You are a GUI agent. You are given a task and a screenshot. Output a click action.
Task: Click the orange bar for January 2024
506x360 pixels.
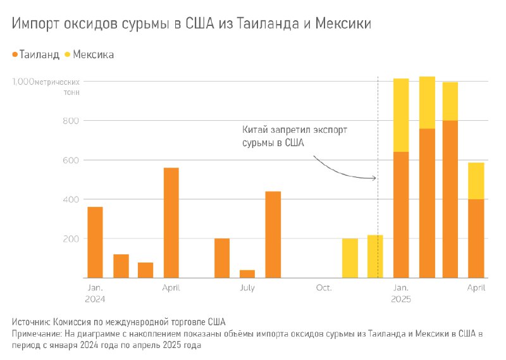click(x=95, y=242)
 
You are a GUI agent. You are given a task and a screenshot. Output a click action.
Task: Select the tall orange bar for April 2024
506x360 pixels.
click(x=171, y=223)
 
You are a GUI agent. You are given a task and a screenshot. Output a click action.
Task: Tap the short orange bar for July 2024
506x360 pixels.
click(x=247, y=274)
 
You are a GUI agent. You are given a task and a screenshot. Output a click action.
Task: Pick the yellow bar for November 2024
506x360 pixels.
click(x=350, y=258)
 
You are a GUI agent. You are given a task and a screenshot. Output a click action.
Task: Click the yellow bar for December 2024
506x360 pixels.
click(x=375, y=256)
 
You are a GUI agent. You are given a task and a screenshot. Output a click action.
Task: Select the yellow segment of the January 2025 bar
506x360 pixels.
click(x=401, y=115)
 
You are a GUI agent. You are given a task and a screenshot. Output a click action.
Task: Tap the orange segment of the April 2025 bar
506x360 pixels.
click(x=476, y=239)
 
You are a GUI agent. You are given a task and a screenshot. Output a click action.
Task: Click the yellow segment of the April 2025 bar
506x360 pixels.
click(x=476, y=181)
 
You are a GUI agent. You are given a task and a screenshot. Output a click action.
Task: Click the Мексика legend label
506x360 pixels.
click(x=94, y=55)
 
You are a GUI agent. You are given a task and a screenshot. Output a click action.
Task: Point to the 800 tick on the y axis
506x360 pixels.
click(x=70, y=121)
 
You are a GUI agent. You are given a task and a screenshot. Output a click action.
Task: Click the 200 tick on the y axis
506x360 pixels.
click(x=70, y=239)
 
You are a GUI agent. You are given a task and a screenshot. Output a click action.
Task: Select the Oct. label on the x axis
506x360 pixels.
click(x=324, y=288)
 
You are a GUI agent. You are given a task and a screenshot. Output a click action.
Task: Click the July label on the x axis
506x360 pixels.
click(x=247, y=288)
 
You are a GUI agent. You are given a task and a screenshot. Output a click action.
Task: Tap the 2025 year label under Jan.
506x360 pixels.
click(x=401, y=298)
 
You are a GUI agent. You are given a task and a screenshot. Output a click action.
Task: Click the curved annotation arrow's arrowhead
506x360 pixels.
click(x=374, y=178)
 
